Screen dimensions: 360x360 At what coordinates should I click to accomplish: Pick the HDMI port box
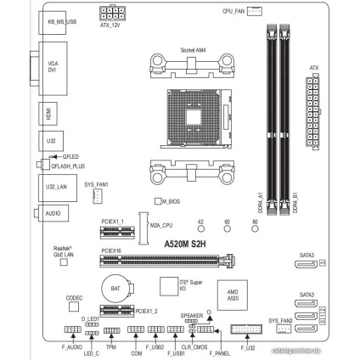pos(48,112)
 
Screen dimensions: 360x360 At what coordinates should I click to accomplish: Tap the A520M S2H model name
pos(187,242)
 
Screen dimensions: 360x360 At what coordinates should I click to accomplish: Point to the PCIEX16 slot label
pos(112,251)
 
